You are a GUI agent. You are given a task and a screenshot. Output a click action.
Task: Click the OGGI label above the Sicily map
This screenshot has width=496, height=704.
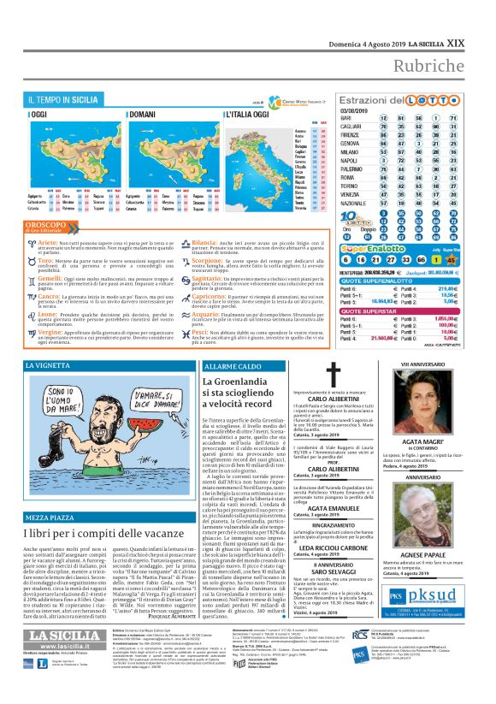coord(42,114)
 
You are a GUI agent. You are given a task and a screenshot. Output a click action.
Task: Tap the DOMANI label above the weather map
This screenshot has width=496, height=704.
coord(164,114)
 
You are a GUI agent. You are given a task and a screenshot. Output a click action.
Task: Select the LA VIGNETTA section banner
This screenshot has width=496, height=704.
coord(50,366)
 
